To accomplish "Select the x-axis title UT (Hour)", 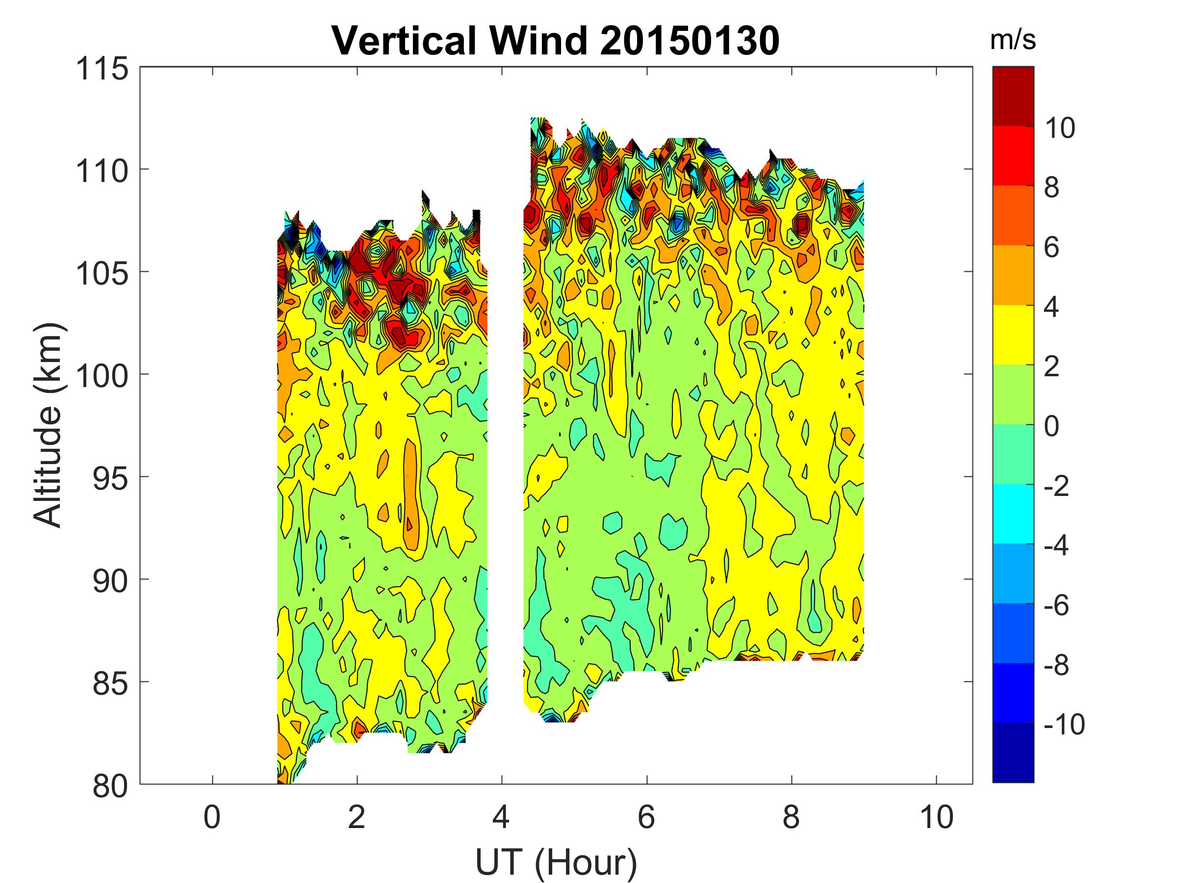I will pyautogui.click(x=556, y=862).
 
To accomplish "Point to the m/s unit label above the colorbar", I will pyautogui.click(x=1013, y=40).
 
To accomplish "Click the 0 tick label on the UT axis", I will pyautogui.click(x=212, y=817).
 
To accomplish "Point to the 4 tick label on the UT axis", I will pyautogui.click(x=501, y=817).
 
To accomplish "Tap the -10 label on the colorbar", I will pyautogui.click(x=1064, y=725).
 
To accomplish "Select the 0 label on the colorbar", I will pyautogui.click(x=1051, y=426).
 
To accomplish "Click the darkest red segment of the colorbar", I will pyautogui.click(x=1013, y=96).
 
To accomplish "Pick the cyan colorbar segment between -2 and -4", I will pyautogui.click(x=1013, y=514).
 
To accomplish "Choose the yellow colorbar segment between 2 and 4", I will pyautogui.click(x=1013, y=335).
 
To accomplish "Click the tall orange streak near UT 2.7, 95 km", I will pyautogui.click(x=410, y=495).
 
